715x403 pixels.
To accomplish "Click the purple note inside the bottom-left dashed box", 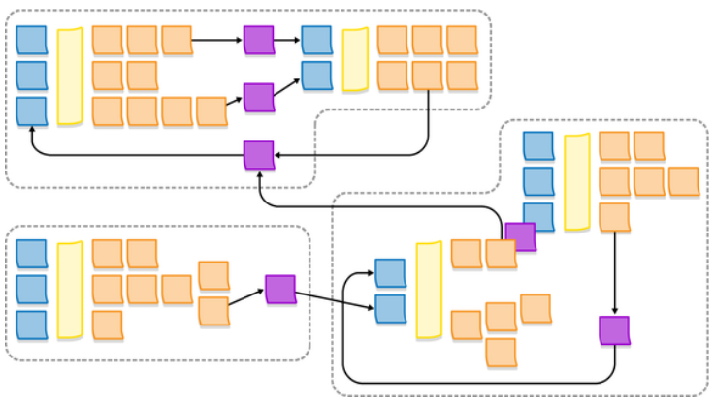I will [x=279, y=289].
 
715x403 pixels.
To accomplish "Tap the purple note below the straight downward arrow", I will [x=614, y=330].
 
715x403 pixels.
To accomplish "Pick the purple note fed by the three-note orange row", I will [x=258, y=40].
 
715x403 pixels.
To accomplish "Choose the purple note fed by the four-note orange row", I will [x=258, y=97].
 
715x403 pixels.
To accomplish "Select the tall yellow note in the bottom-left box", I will [x=70, y=290].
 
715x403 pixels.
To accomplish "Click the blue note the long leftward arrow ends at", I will [x=31, y=110].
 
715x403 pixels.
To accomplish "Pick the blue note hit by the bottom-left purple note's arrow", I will [x=390, y=309].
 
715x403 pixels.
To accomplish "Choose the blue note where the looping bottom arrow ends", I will [x=390, y=273].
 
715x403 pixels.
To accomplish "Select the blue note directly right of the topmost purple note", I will [x=316, y=40].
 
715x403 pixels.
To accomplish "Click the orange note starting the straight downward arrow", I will [x=614, y=216].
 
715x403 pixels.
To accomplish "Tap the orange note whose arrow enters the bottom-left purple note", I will [x=213, y=311].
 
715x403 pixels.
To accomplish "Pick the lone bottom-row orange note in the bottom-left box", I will [x=108, y=325].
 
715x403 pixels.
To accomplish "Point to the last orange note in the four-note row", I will [x=211, y=111].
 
